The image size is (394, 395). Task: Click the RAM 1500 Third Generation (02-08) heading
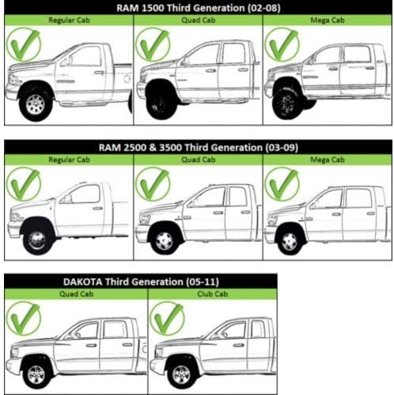199,8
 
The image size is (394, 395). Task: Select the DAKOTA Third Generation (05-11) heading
141,282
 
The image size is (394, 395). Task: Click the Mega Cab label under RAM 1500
328,21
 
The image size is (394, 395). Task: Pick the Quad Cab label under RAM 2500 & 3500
199,160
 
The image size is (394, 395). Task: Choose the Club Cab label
213,294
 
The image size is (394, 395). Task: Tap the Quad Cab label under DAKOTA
77,294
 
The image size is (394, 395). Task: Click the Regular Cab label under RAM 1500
69,21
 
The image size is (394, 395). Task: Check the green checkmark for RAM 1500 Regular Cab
24,45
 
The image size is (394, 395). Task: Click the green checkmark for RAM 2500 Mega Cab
282,184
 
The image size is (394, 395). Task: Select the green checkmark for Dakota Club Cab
167,318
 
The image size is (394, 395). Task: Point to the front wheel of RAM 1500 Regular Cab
36,104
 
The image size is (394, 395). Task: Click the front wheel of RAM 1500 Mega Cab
286,102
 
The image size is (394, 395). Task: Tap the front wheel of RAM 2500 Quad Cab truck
164,240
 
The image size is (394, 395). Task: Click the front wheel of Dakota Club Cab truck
181,374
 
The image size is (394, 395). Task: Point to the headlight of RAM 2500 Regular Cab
15,217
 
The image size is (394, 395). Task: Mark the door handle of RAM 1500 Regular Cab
98,72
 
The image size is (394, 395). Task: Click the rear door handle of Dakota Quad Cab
127,344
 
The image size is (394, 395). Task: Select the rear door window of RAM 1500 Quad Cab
233,54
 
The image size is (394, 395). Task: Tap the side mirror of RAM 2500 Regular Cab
68,198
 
